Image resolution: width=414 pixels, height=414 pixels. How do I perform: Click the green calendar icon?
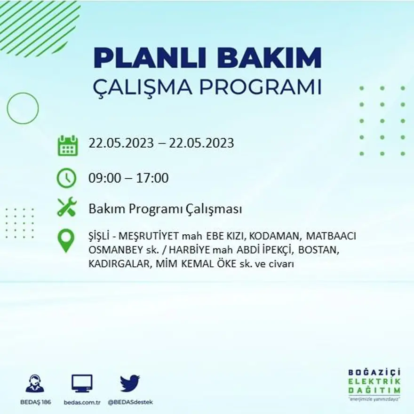tap(67, 145)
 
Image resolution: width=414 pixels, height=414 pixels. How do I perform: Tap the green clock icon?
tap(66, 178)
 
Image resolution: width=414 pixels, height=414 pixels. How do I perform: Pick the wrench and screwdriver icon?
tap(67, 207)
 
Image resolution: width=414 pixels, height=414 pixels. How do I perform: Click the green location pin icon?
tap(66, 240)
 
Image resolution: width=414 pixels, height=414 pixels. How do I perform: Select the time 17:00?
tap(152, 178)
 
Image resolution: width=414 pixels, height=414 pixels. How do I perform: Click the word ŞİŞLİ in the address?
tap(101, 237)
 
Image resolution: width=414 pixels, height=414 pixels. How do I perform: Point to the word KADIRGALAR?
tap(118, 264)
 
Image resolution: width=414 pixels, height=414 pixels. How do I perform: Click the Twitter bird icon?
tap(130, 383)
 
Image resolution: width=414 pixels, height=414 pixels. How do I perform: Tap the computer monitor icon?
tap(82, 383)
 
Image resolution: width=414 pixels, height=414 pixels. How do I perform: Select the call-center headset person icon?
tap(34, 383)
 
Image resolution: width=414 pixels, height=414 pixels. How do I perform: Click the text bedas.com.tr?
tap(82, 402)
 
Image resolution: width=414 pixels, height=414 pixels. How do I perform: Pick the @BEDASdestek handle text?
tap(130, 402)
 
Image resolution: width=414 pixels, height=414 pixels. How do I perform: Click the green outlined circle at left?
tap(23, 108)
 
